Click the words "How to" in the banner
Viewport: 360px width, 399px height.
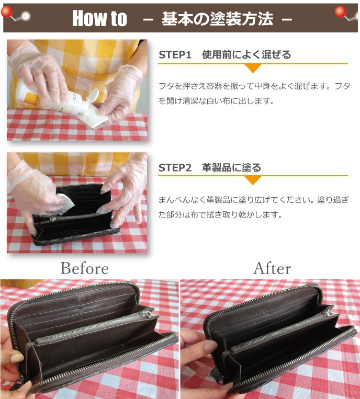[99, 18]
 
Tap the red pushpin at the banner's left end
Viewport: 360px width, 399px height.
[7, 12]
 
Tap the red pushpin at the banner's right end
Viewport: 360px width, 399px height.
[341, 12]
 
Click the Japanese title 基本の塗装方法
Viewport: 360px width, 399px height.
[217, 19]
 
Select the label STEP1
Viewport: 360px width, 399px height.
[175, 54]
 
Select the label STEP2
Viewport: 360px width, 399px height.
[175, 168]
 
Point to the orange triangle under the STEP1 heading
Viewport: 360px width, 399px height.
[253, 68]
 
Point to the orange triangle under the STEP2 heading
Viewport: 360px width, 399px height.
[253, 180]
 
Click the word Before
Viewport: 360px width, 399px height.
[85, 268]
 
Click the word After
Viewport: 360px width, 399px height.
[272, 268]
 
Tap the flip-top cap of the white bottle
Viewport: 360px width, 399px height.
[92, 96]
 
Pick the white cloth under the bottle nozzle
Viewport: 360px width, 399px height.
[94, 117]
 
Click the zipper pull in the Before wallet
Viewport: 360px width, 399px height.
[148, 312]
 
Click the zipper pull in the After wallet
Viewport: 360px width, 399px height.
[328, 312]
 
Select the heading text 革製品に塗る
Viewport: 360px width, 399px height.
[231, 168]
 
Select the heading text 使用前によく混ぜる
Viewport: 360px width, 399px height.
[246, 54]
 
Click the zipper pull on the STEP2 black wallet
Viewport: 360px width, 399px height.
[53, 219]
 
